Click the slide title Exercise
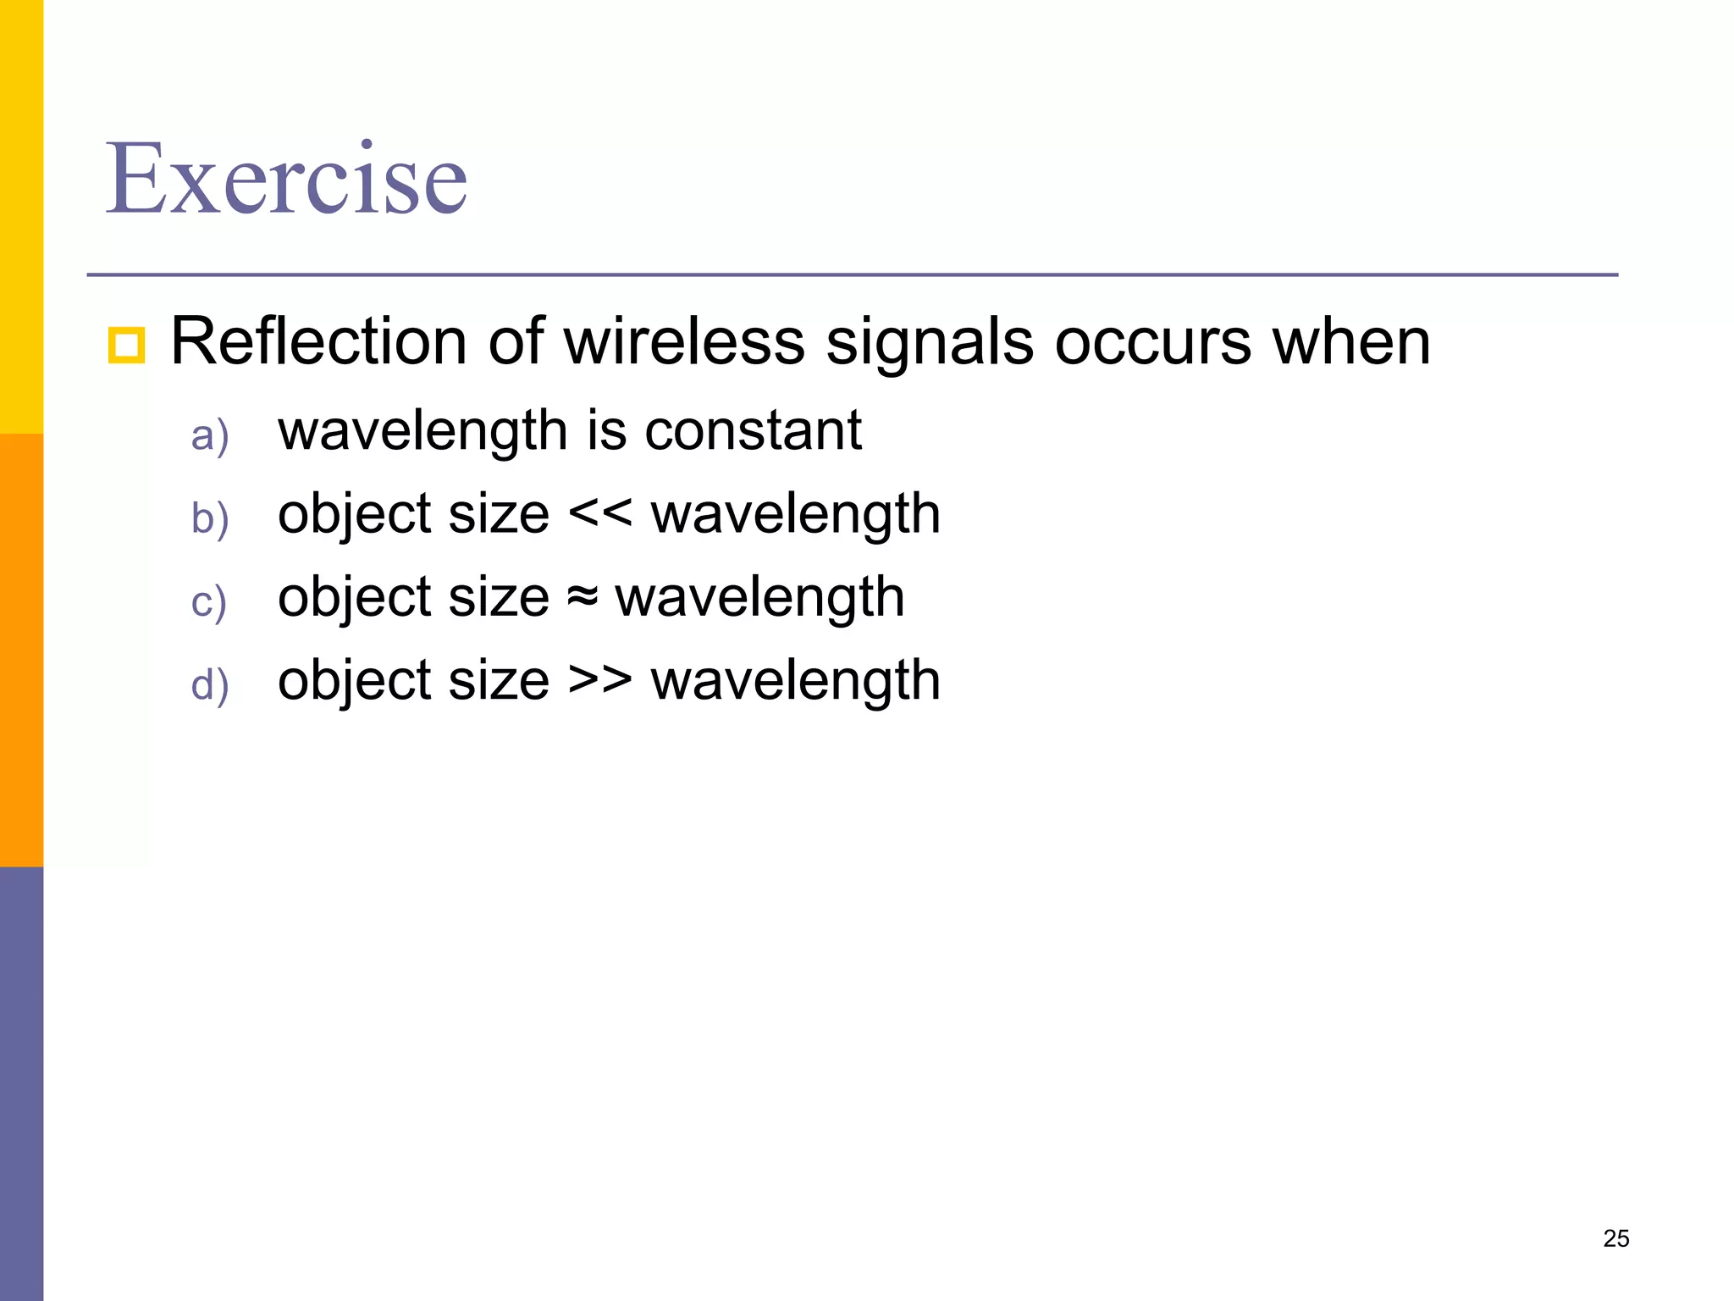click(286, 180)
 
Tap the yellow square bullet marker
click(127, 346)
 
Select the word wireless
click(684, 341)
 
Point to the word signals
click(929, 341)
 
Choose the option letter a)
click(209, 436)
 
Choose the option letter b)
click(209, 518)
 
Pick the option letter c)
click(208, 603)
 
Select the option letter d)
click(209, 684)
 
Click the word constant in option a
click(753, 430)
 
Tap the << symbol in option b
click(599, 513)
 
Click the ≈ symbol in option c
click(582, 597)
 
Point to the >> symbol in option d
click(599, 680)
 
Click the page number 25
click(1615, 1238)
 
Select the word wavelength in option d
click(795, 680)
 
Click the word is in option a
click(606, 430)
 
